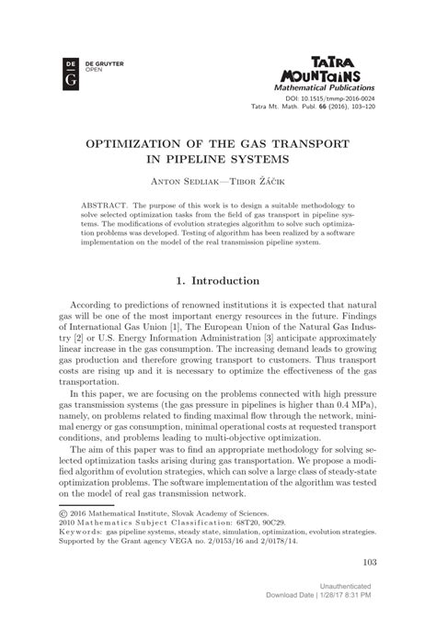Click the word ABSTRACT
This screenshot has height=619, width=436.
pos(104,207)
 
